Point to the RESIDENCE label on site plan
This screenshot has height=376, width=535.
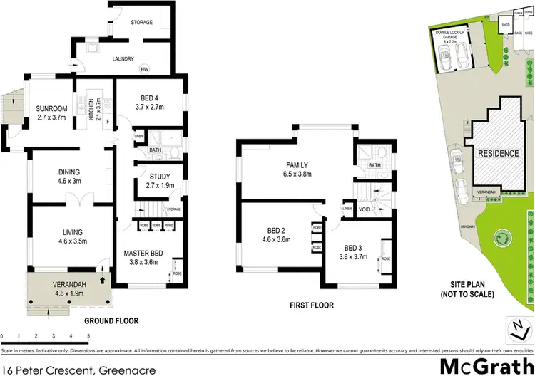point(499,154)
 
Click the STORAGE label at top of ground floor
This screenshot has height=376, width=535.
point(141,23)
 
